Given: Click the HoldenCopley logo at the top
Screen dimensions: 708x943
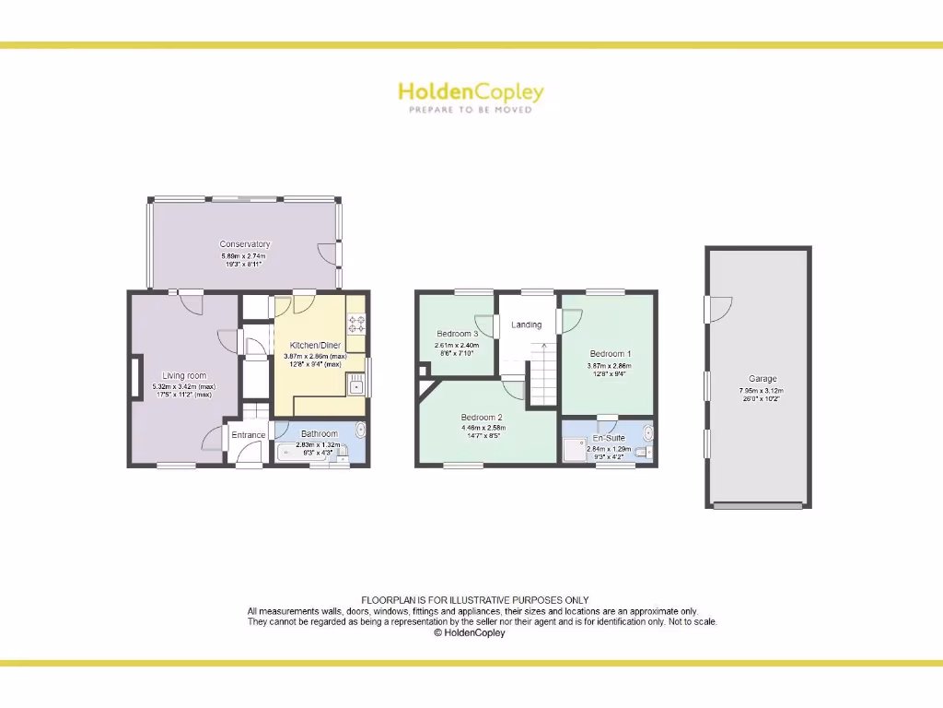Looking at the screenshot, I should click(x=471, y=92).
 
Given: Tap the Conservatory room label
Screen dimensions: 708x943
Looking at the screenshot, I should click(x=245, y=244).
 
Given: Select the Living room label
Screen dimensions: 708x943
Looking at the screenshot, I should click(x=184, y=376).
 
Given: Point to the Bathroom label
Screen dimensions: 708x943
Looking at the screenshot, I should click(x=320, y=433).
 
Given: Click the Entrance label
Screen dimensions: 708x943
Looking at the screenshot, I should click(x=248, y=435).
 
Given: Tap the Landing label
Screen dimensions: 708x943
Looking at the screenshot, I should click(x=527, y=324).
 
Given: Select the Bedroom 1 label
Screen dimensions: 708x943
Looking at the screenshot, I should click(x=611, y=354).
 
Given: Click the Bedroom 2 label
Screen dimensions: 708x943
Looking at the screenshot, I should click(x=482, y=418).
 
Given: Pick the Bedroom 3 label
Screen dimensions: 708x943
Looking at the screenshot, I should click(x=457, y=334).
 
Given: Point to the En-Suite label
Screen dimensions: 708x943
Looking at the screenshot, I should click(x=609, y=438).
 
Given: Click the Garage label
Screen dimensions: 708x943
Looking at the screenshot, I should click(x=763, y=379).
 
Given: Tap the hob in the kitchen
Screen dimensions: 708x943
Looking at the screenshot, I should click(x=355, y=324).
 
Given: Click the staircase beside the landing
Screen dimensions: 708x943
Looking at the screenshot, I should click(x=543, y=373).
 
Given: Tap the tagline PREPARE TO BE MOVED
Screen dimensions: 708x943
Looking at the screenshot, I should click(x=471, y=110).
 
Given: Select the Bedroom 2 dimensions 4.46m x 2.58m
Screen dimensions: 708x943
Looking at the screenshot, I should click(x=483, y=428).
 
